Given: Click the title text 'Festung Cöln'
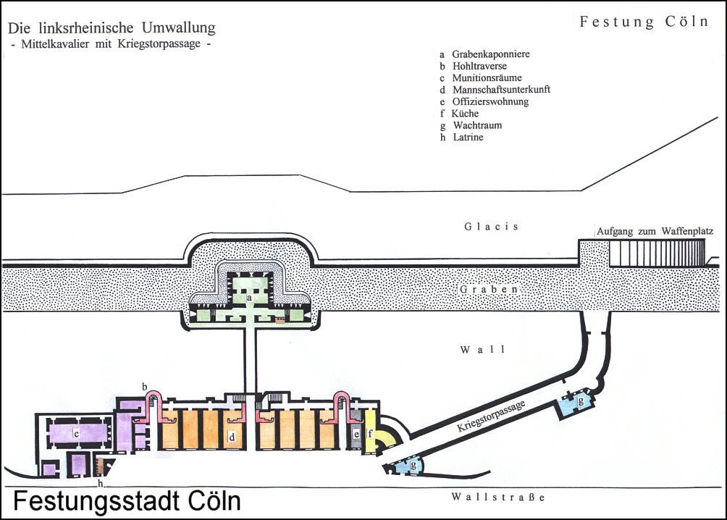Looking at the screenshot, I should [x=644, y=22].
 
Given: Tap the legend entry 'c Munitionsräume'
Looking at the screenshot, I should [x=481, y=77].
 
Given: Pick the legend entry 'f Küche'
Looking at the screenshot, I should [x=459, y=114].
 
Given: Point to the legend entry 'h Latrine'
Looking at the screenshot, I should [x=461, y=137].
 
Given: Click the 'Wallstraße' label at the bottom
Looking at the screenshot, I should [x=496, y=498].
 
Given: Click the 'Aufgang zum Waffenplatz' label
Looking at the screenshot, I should [x=655, y=232].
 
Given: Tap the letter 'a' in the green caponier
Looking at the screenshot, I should [x=248, y=298].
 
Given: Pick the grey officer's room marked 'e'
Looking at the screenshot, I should [x=356, y=435].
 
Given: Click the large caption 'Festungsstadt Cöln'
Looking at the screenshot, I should [x=127, y=502].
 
